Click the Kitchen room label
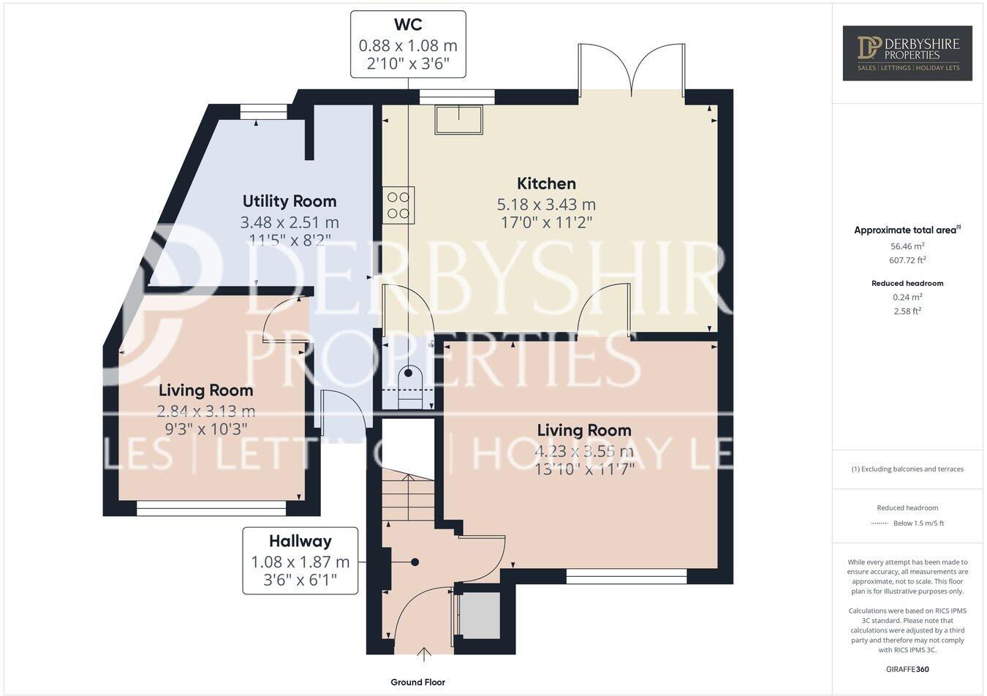coord(546,184)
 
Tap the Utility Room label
coord(290,201)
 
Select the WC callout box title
coord(408,25)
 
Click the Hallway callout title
coord(300,541)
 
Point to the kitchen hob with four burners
coord(398,205)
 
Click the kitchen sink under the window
coord(459,120)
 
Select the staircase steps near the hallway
coord(408,497)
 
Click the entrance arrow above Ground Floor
coord(422,652)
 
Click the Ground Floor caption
coord(417,682)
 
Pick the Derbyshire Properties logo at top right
coord(907,53)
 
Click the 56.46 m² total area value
coord(907,246)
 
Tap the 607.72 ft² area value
coord(907,260)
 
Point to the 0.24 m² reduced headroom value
coord(907,297)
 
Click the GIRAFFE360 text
coord(907,669)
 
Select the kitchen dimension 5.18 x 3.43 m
coord(546,205)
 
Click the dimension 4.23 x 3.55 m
coord(584,451)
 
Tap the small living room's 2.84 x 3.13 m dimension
coord(206,412)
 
